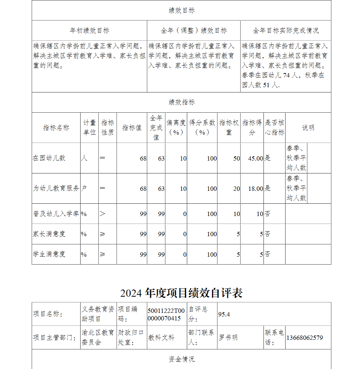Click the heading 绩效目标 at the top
click(x=181, y=10)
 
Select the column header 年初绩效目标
click(x=89, y=31)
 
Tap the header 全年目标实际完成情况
click(x=285, y=31)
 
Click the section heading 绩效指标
click(x=181, y=102)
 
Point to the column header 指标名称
click(x=56, y=128)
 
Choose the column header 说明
click(x=308, y=128)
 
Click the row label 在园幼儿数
click(x=49, y=158)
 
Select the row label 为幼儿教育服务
click(x=56, y=188)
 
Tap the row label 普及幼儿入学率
click(x=56, y=214)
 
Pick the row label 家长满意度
click(x=49, y=234)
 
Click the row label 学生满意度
click(x=49, y=254)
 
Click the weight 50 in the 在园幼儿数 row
click(x=236, y=158)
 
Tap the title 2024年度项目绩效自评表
click(x=181, y=293)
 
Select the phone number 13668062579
click(x=305, y=338)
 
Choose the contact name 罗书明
click(x=228, y=338)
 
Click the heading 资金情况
click(x=181, y=359)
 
